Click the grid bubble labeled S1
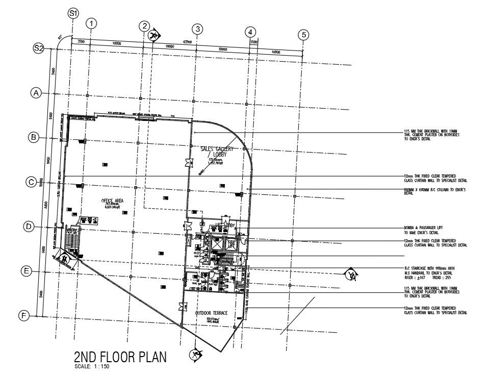[73, 14]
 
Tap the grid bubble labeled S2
[39, 48]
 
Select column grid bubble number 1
[91, 23]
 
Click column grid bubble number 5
[304, 35]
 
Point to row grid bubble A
[36, 93]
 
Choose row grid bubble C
[32, 182]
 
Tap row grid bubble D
[29, 226]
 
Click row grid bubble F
[23, 316]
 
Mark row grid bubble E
[27, 271]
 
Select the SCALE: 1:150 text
[92, 366]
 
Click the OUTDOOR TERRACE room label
[211, 313]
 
